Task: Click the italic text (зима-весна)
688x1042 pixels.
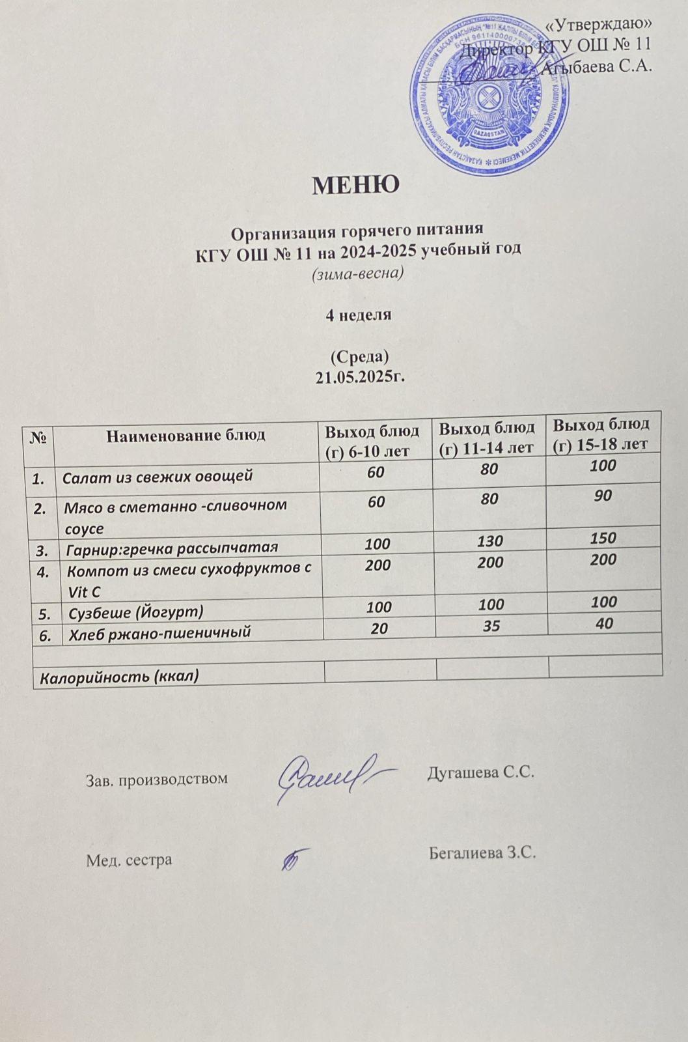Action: pos(357,273)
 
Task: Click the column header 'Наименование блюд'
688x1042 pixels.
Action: pos(186,435)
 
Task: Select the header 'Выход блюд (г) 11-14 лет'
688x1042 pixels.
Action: pos(486,437)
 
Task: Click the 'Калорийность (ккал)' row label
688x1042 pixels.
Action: pos(119,677)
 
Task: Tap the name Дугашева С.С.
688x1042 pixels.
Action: pos(480,773)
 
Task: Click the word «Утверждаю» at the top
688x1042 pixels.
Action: pos(598,24)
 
